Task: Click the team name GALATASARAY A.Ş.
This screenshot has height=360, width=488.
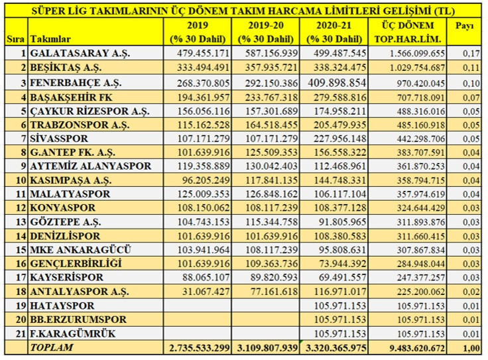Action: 73,52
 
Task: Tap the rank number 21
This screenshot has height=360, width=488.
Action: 19,333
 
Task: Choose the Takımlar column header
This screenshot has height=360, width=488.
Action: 50,39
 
